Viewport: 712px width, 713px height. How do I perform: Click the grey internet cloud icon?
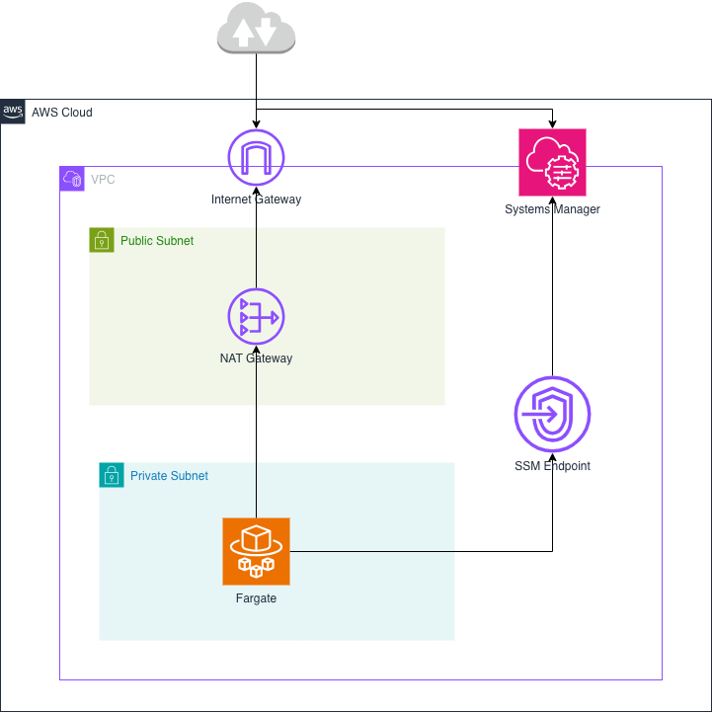pos(256,30)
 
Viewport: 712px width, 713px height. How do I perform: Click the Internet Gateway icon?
pos(256,158)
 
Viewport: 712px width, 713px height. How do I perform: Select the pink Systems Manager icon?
pos(552,162)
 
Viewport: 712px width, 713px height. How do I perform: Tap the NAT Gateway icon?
pos(256,317)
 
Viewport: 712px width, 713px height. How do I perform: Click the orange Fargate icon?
pos(256,551)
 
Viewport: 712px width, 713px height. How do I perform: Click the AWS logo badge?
pos(13,112)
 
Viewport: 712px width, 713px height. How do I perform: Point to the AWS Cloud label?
pos(62,113)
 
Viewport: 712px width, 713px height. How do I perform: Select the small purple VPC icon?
pos(72,179)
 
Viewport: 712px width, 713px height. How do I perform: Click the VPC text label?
pos(103,180)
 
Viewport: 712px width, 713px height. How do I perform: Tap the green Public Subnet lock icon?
pos(102,240)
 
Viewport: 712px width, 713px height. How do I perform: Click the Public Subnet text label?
pos(157,241)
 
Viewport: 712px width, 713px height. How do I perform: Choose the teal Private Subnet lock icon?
pos(112,475)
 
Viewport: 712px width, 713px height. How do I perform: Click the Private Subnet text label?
pos(169,476)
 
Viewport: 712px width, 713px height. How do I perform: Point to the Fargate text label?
pos(256,598)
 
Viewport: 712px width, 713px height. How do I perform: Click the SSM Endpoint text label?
pos(552,466)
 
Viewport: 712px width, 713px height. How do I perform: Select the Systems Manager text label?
pos(552,209)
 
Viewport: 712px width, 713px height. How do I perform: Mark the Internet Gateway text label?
pos(256,199)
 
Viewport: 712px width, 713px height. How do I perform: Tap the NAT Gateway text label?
pos(256,358)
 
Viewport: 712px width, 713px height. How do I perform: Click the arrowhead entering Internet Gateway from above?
pos(256,123)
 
